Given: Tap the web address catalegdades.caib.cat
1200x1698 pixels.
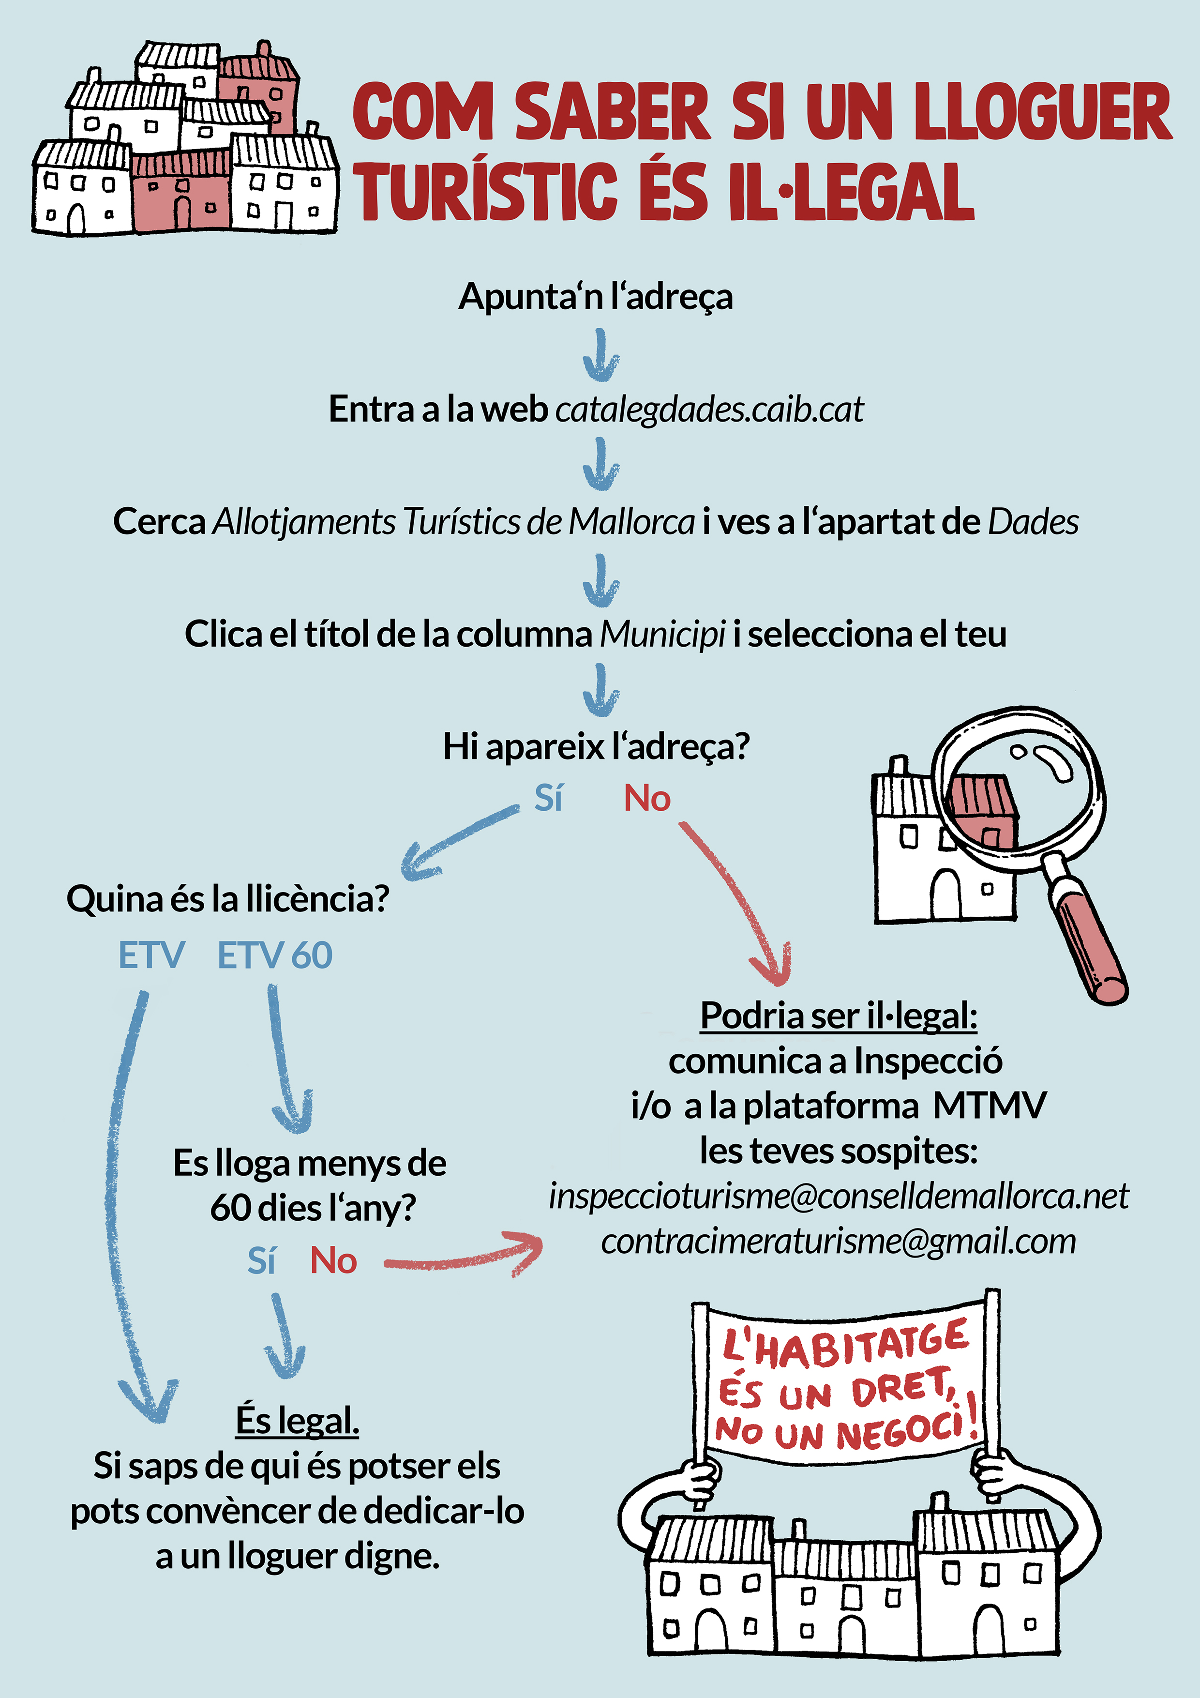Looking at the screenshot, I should (709, 409).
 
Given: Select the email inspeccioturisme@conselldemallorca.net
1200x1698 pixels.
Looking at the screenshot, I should (839, 1196).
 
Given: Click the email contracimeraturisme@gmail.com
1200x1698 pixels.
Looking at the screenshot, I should (839, 1242).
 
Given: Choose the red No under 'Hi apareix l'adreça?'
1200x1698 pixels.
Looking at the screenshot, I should (647, 799).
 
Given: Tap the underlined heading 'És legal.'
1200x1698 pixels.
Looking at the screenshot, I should (297, 1420).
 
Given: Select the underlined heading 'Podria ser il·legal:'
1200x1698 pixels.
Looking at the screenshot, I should (839, 1016).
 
